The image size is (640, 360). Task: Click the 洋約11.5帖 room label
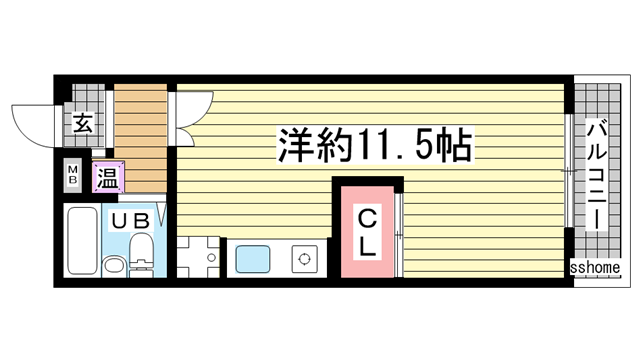(x=375, y=144)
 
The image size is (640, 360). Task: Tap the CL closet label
(x=367, y=231)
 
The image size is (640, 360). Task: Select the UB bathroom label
(x=131, y=221)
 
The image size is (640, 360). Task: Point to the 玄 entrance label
(x=83, y=123)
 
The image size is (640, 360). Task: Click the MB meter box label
(x=73, y=175)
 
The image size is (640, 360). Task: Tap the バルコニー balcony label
(x=596, y=175)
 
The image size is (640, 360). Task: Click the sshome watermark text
(x=595, y=267)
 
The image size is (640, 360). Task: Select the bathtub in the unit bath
(x=82, y=240)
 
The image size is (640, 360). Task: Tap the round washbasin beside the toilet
(x=114, y=266)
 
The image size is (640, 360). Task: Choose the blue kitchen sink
(x=253, y=259)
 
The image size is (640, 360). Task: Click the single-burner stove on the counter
(x=304, y=259)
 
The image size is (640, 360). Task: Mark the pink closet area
(x=367, y=231)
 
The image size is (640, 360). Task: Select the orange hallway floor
(x=140, y=138)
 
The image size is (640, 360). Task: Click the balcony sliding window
(x=569, y=171)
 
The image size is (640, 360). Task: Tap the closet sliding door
(x=399, y=235)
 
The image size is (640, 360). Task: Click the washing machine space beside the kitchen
(x=198, y=257)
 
